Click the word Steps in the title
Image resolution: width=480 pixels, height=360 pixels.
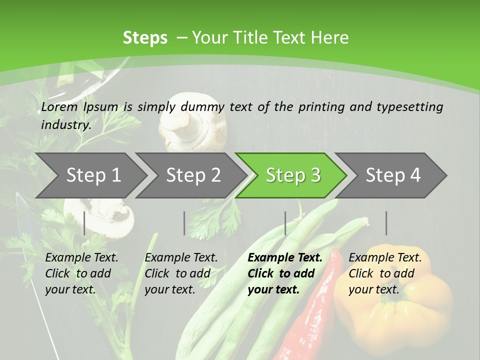145,38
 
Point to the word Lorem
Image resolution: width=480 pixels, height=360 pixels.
59,106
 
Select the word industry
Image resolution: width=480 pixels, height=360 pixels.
65,124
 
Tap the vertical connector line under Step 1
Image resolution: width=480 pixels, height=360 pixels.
84,223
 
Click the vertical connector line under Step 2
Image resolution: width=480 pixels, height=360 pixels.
184,223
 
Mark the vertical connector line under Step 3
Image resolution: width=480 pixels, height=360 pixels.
285,223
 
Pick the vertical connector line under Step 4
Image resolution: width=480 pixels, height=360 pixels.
386,223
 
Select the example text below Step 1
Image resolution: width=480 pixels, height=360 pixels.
81,273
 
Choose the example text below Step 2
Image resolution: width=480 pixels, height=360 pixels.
181,273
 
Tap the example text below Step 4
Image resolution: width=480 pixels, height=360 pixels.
385,273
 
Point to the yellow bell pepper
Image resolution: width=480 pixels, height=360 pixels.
395,310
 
